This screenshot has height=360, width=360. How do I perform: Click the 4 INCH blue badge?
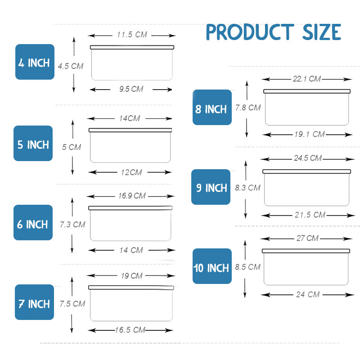35,62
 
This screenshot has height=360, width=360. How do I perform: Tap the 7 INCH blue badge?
34,302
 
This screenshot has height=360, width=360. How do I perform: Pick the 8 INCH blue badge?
212,108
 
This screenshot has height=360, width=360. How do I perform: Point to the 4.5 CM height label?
71,66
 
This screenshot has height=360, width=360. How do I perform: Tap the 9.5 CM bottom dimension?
131,89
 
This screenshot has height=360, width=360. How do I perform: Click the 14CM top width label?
130,118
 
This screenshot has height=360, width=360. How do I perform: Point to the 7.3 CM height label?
72,224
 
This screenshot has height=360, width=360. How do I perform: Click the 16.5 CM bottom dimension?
130,330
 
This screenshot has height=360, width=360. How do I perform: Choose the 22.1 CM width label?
306,79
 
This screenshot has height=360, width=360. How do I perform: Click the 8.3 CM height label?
247,188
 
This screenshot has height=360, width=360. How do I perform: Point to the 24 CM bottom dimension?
308,294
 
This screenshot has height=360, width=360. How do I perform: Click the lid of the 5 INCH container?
130,130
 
